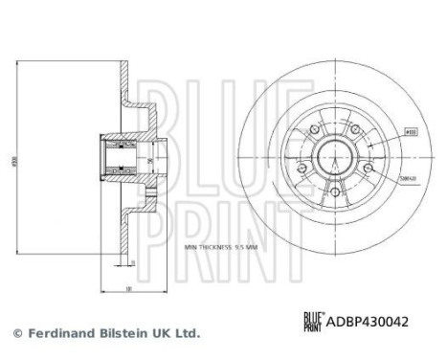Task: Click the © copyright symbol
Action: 14,333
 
